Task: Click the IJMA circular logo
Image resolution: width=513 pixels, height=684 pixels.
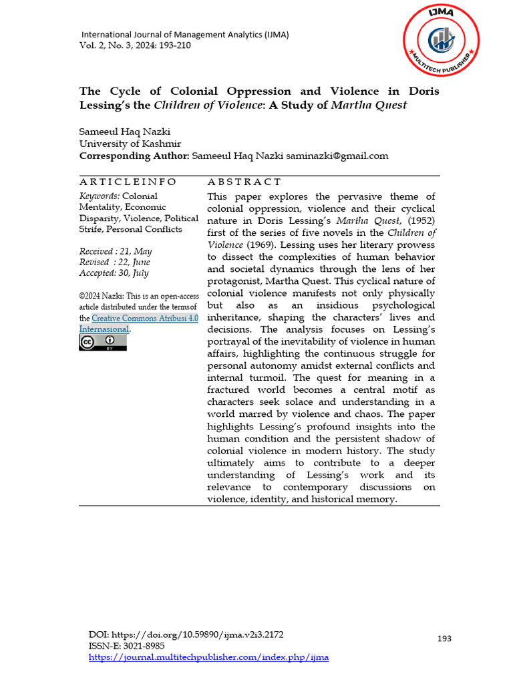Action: tap(441, 40)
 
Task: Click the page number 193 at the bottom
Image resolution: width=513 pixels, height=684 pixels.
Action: tap(444, 639)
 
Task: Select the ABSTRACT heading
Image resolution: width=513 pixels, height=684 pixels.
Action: tap(244, 182)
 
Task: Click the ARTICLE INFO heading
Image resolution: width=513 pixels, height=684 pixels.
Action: tap(128, 182)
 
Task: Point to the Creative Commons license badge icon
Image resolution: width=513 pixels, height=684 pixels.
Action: tap(102, 343)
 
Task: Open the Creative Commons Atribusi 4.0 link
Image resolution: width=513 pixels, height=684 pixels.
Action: tap(144, 319)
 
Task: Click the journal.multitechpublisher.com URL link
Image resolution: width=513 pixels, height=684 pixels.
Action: tap(209, 657)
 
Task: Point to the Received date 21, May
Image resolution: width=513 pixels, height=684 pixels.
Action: tap(116, 251)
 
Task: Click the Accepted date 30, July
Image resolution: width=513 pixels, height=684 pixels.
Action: tap(114, 273)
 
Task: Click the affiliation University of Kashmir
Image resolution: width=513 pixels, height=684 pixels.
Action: tap(130, 144)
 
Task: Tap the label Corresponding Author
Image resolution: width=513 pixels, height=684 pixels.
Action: tap(134, 156)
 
